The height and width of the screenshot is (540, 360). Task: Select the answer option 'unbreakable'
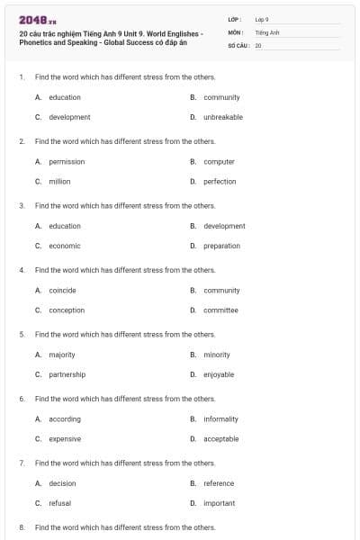click(x=223, y=117)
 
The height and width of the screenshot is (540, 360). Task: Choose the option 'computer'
click(x=219, y=162)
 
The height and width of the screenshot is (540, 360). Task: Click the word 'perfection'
click(x=220, y=182)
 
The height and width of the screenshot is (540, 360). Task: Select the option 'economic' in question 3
click(x=65, y=246)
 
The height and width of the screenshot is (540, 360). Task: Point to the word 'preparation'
click(x=221, y=246)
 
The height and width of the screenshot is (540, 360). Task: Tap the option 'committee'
click(x=220, y=310)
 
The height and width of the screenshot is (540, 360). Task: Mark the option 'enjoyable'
click(x=219, y=374)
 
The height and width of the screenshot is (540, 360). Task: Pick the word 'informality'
click(x=220, y=419)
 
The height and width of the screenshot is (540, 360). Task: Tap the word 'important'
click(x=219, y=503)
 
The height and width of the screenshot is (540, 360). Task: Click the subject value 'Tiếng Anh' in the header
click(x=267, y=31)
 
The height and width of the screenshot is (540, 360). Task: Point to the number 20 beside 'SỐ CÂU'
click(x=258, y=44)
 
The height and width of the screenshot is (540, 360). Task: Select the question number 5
click(x=22, y=334)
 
